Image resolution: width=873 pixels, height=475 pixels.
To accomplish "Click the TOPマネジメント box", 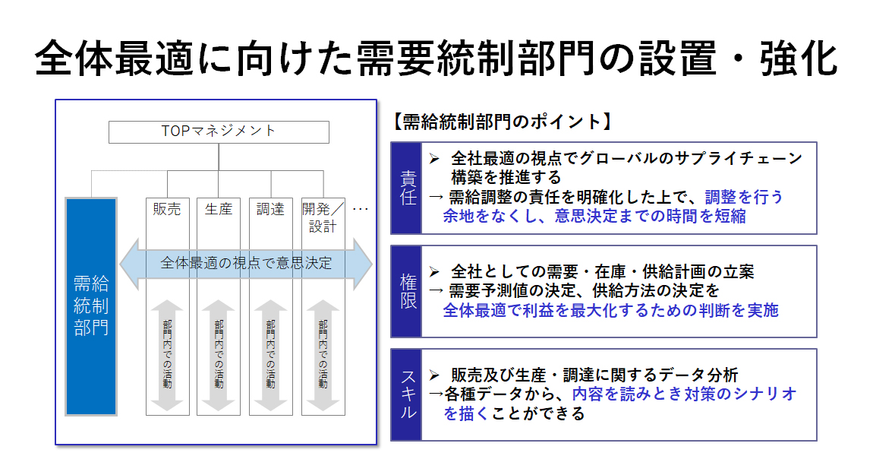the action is (219, 132).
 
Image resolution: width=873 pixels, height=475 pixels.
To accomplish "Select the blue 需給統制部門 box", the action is (91, 306).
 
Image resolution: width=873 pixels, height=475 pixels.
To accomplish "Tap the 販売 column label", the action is (167, 209).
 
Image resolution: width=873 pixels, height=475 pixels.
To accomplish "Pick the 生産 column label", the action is (219, 209).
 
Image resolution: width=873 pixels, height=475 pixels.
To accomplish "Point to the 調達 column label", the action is (270, 209).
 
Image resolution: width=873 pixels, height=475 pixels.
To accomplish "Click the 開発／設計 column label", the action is (323, 217).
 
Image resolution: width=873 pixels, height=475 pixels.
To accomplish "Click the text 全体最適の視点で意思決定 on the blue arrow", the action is (246, 263).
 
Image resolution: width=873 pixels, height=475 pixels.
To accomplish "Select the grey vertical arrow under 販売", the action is (167, 356).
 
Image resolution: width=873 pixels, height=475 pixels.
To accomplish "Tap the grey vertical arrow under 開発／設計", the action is (323, 356).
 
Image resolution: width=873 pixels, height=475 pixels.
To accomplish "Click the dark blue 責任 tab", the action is (406, 188).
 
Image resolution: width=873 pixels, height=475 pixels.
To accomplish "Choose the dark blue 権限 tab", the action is (406, 291).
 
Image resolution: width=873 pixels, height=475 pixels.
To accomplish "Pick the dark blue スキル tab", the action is (406, 394).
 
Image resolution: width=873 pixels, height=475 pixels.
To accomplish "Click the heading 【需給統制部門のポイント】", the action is (503, 122).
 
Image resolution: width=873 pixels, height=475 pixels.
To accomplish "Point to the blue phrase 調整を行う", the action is (744, 197).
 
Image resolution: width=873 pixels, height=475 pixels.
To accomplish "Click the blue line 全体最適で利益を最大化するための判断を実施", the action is (611, 310).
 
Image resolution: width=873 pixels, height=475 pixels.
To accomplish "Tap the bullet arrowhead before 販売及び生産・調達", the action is (434, 375).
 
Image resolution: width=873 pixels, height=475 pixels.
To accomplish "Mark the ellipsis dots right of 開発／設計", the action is (361, 210).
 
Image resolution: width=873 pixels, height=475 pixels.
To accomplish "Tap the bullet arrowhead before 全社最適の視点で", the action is (434, 160).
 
